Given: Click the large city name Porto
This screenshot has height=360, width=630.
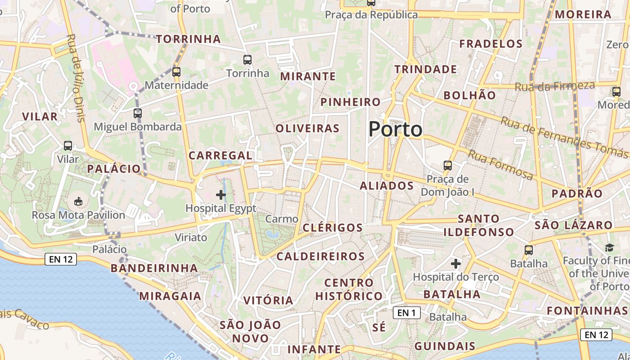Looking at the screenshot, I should [395, 130].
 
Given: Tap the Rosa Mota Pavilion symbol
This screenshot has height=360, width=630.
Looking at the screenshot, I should [78, 201].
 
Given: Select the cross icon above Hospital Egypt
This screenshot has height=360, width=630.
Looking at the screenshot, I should [221, 195].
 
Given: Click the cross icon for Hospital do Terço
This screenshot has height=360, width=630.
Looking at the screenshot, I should [456, 263].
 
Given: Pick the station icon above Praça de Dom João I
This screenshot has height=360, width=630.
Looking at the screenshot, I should [447, 165].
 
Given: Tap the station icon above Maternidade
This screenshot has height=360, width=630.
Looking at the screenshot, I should [176, 72].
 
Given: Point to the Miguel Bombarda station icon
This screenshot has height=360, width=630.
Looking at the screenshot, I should [138, 113].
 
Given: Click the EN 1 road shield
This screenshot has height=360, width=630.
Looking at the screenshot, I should [407, 312].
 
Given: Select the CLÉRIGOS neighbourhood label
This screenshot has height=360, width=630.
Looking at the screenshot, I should [333, 228].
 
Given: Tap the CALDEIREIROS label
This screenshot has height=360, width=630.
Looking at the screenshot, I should [320, 256].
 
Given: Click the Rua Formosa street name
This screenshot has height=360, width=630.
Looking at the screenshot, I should [500, 165].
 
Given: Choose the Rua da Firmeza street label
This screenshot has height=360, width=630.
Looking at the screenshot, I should [561, 86].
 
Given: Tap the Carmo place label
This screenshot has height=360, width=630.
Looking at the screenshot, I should [282, 219].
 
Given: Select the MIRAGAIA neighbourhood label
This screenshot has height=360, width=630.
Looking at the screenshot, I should [170, 296].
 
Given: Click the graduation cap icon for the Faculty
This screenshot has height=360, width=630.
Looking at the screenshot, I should [609, 247].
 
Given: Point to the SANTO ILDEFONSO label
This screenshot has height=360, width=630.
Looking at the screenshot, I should [479, 225].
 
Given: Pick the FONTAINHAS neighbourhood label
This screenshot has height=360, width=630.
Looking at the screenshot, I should [587, 310].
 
